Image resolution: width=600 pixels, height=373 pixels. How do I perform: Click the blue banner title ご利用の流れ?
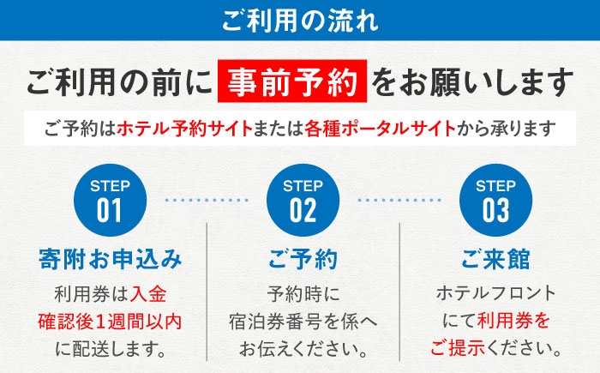[x=300, y=21]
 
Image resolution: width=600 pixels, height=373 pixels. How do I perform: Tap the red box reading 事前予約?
[x=292, y=81]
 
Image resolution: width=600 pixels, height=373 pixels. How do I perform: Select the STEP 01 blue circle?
[x=111, y=201]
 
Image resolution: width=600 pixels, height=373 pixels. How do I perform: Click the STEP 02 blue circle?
[x=303, y=201]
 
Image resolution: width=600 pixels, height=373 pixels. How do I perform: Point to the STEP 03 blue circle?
[x=496, y=201]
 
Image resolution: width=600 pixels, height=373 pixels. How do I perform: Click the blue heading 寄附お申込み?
[x=111, y=259]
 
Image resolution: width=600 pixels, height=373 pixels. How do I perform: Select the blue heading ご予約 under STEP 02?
[x=303, y=259]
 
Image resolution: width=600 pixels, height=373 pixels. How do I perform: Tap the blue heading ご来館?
[x=496, y=259]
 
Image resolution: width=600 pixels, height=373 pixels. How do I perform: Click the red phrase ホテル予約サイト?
[x=185, y=129]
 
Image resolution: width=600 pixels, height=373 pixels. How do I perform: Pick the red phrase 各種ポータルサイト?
[x=380, y=129]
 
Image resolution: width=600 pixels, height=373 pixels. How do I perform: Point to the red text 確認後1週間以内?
[x=110, y=322]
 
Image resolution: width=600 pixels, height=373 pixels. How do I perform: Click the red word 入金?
[x=148, y=294]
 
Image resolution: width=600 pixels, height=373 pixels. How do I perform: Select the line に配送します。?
[x=111, y=349]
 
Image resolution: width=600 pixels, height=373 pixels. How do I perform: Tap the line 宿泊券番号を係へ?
[x=303, y=322]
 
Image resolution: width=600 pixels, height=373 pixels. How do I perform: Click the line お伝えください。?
[x=303, y=349]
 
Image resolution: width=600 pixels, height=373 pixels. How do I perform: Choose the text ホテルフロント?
[x=496, y=293]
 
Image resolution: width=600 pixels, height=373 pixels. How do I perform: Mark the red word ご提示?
[x=458, y=348]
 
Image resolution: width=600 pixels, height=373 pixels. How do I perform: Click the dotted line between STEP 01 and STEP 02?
[x=207, y=200]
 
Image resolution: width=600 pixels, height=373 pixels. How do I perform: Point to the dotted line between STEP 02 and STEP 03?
[x=399, y=200]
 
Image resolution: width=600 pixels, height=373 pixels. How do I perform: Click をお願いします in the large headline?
[x=472, y=82]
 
